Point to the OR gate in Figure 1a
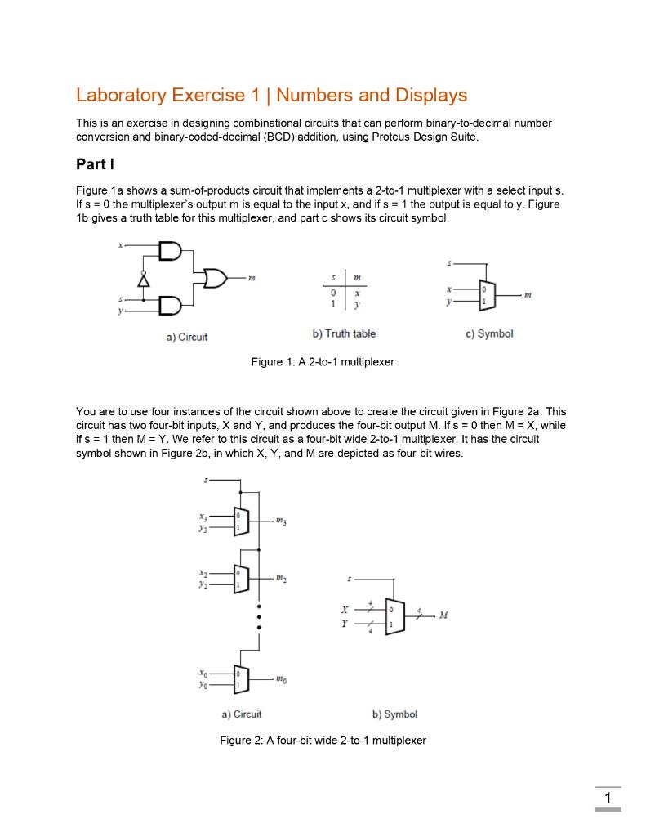[x=217, y=280]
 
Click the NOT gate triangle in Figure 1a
[x=146, y=280]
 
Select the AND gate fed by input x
[x=171, y=250]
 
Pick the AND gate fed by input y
[x=171, y=306]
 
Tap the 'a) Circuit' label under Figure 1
[x=186, y=336]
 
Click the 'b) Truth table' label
[x=344, y=333]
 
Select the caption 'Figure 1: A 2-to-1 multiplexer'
[x=323, y=361]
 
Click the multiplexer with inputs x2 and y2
[x=240, y=580]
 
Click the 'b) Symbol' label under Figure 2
[x=394, y=714]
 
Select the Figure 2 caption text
[x=323, y=741]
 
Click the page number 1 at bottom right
[x=607, y=798]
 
